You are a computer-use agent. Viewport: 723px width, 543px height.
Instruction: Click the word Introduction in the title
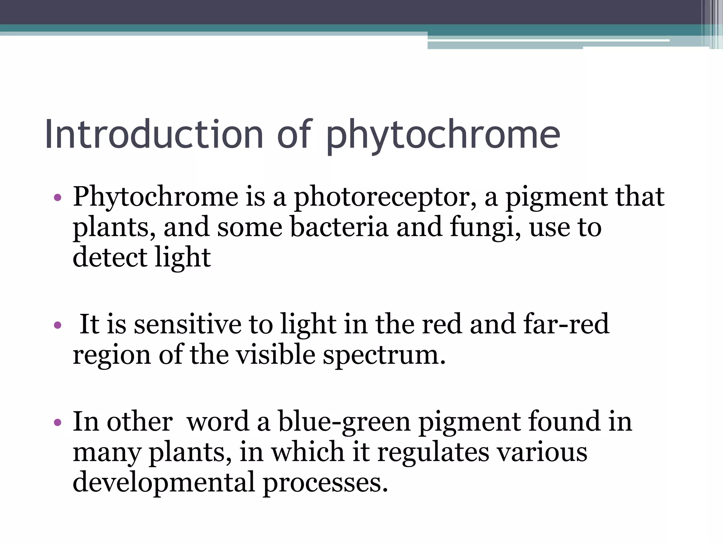point(154,134)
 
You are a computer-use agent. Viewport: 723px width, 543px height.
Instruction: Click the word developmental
point(163,483)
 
